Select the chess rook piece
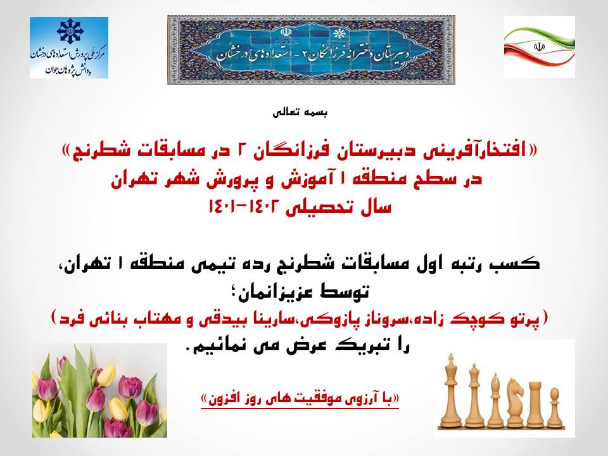[x=535, y=405]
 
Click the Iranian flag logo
[x=540, y=47]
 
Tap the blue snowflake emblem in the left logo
[x=69, y=32]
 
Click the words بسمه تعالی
[x=300, y=113]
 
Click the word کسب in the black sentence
[x=519, y=263]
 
